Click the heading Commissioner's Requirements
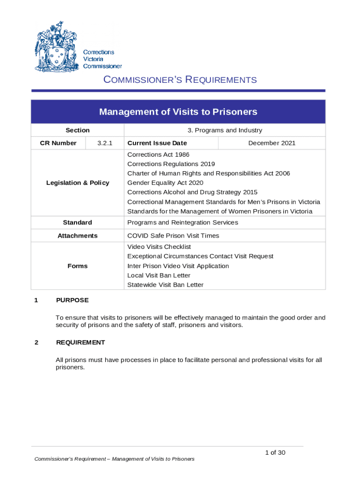click(180, 80)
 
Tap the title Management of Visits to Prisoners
click(178, 112)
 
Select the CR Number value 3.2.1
click(105, 143)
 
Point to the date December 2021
click(272, 143)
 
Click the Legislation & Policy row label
click(78, 183)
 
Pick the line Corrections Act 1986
click(158, 154)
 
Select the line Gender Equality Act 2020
click(165, 183)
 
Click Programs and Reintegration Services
click(182, 223)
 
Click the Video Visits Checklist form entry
click(159, 247)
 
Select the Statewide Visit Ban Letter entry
click(166, 285)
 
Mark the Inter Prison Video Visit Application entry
click(178, 266)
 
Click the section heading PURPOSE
click(72, 300)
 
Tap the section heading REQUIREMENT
click(80, 342)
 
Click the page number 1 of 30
click(275, 452)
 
